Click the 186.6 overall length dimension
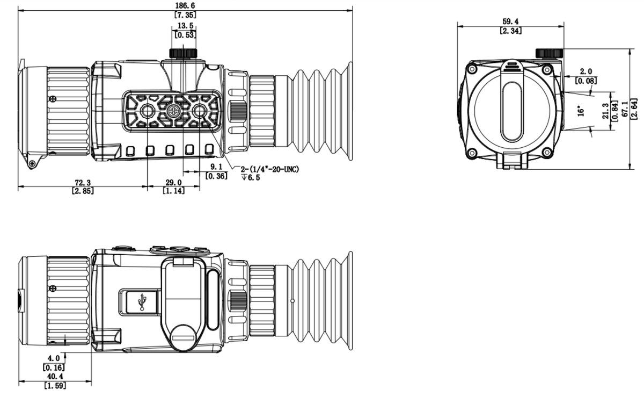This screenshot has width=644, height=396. (x=185, y=5)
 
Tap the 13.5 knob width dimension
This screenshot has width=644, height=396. (x=185, y=26)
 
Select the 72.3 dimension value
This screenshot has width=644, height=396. (x=83, y=183)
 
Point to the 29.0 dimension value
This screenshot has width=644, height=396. (x=174, y=183)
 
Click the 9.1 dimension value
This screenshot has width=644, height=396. (x=216, y=167)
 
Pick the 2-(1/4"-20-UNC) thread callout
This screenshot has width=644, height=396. (x=270, y=169)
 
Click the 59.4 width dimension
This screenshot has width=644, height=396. (x=510, y=21)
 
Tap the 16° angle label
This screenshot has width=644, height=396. (x=581, y=111)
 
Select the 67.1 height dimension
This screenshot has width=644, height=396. (x=625, y=109)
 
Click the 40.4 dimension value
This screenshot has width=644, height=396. (x=55, y=376)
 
